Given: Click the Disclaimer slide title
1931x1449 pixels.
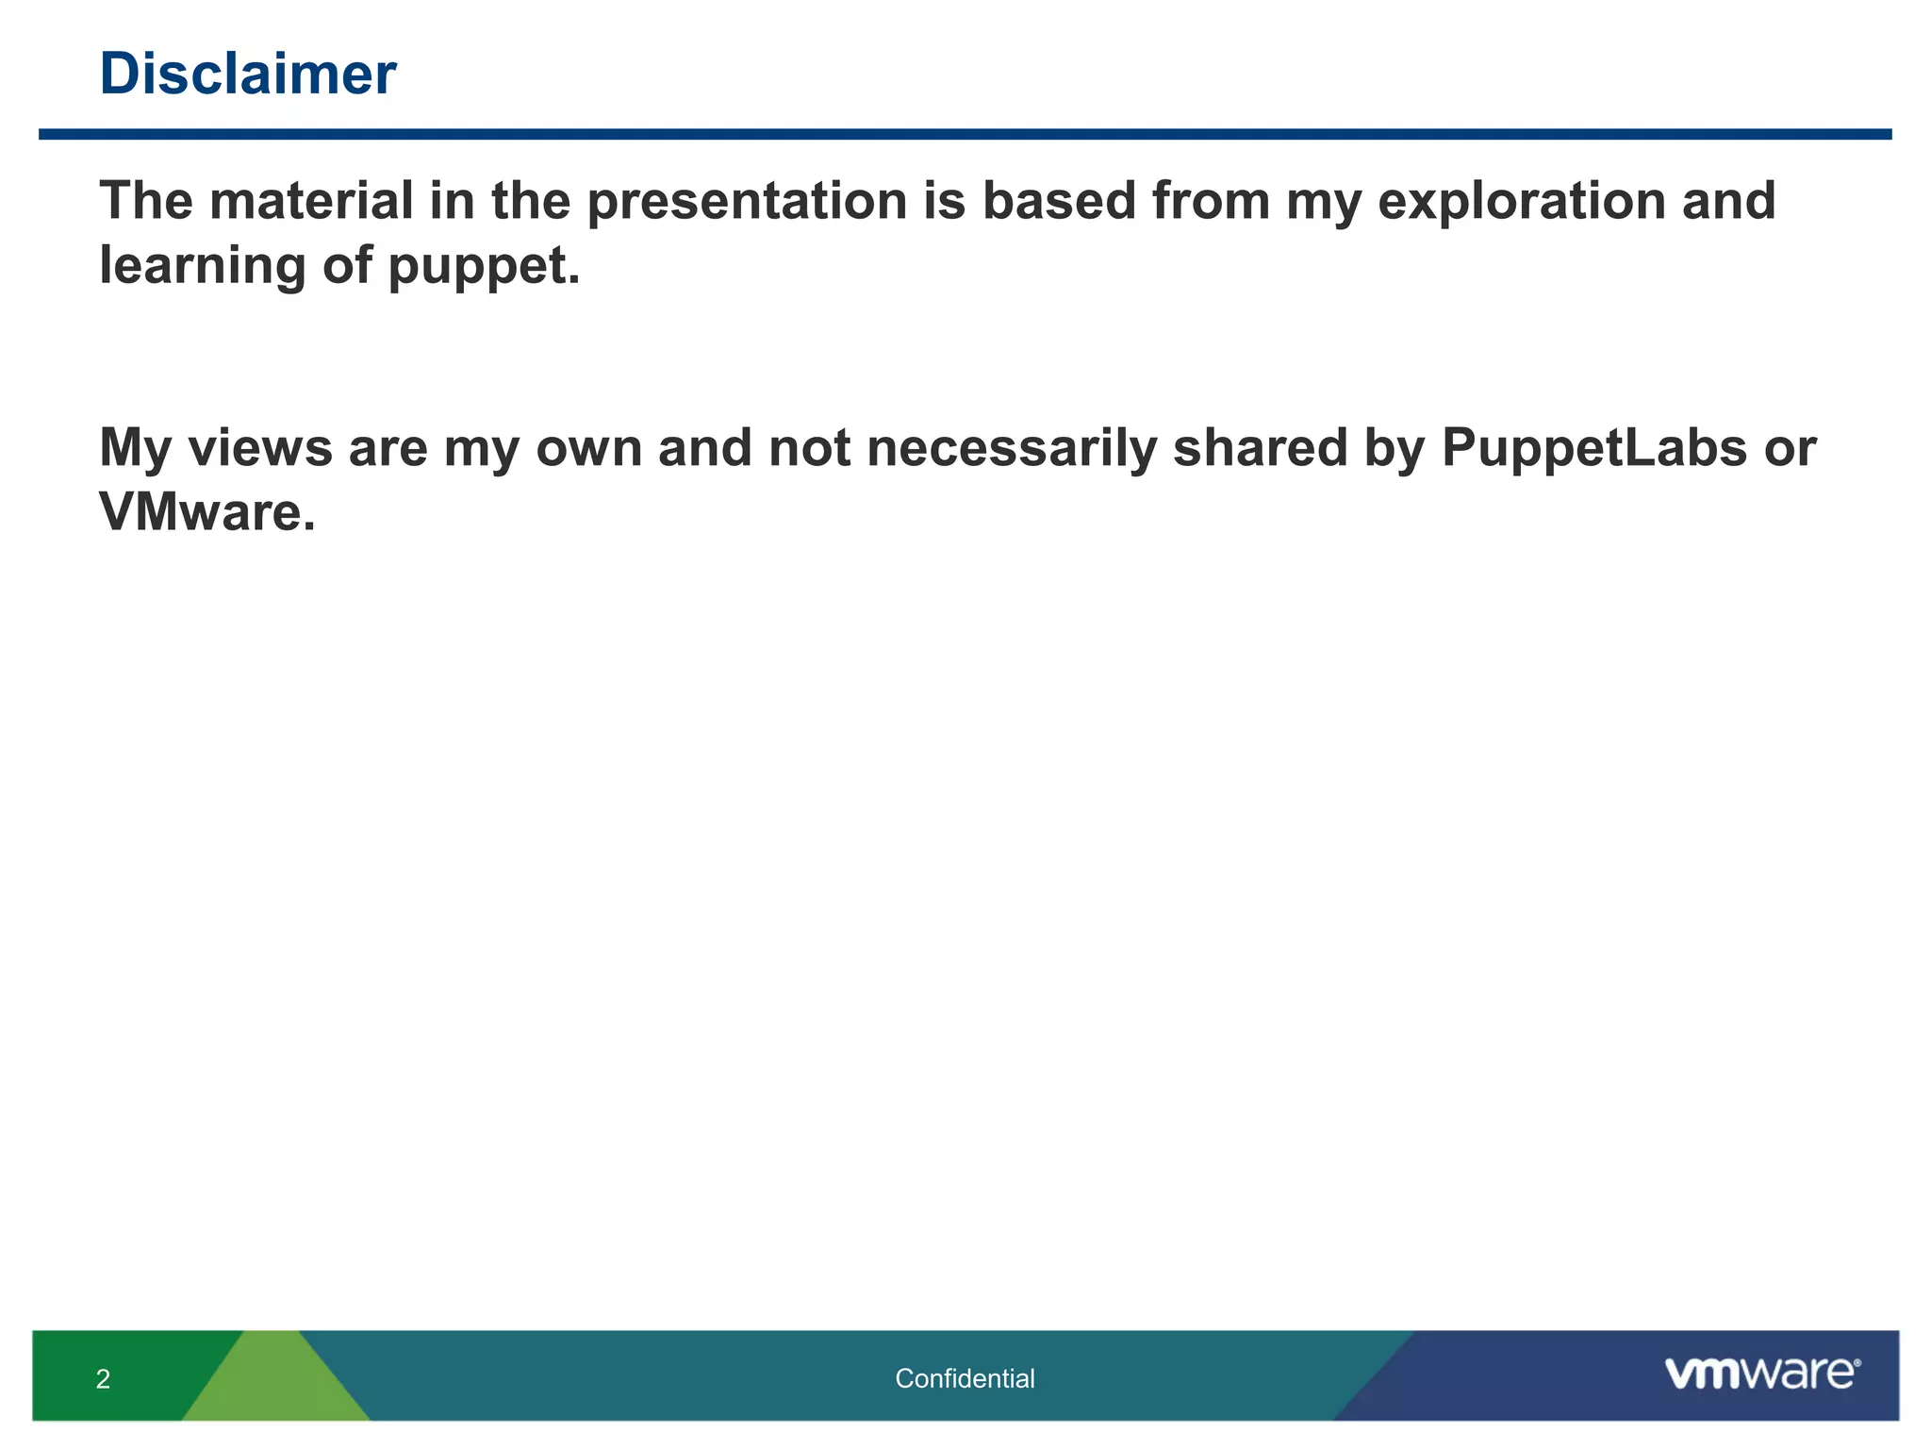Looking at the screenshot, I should click(247, 74).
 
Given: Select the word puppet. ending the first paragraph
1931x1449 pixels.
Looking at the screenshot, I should click(484, 267).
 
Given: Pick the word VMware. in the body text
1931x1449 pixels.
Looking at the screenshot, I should click(206, 512).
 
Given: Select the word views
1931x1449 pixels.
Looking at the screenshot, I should click(260, 447).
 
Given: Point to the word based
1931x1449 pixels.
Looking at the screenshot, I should click(1059, 201).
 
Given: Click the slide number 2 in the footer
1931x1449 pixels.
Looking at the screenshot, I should click(103, 1379).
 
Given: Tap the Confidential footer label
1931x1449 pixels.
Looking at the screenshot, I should click(965, 1378).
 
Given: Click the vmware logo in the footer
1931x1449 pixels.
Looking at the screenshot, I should click(1761, 1374).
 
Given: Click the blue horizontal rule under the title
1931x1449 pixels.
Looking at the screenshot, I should click(965, 134).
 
